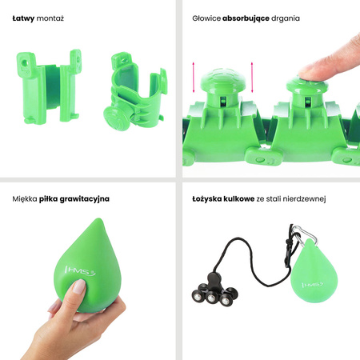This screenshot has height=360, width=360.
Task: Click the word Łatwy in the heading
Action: [23, 17]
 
